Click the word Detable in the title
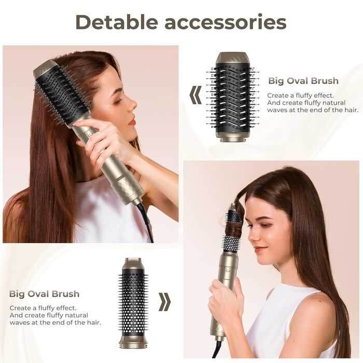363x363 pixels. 117,22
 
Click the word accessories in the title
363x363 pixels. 226,22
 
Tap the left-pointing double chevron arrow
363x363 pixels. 196,95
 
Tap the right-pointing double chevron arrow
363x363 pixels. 164,301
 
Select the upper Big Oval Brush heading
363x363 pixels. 303,81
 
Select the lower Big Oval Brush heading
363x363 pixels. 44,294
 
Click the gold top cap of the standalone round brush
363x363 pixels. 133,263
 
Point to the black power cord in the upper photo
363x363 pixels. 145,220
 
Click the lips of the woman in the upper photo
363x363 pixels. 132,121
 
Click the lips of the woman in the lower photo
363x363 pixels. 259,249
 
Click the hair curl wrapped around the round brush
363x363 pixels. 234,228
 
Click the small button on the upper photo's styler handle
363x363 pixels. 89,134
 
